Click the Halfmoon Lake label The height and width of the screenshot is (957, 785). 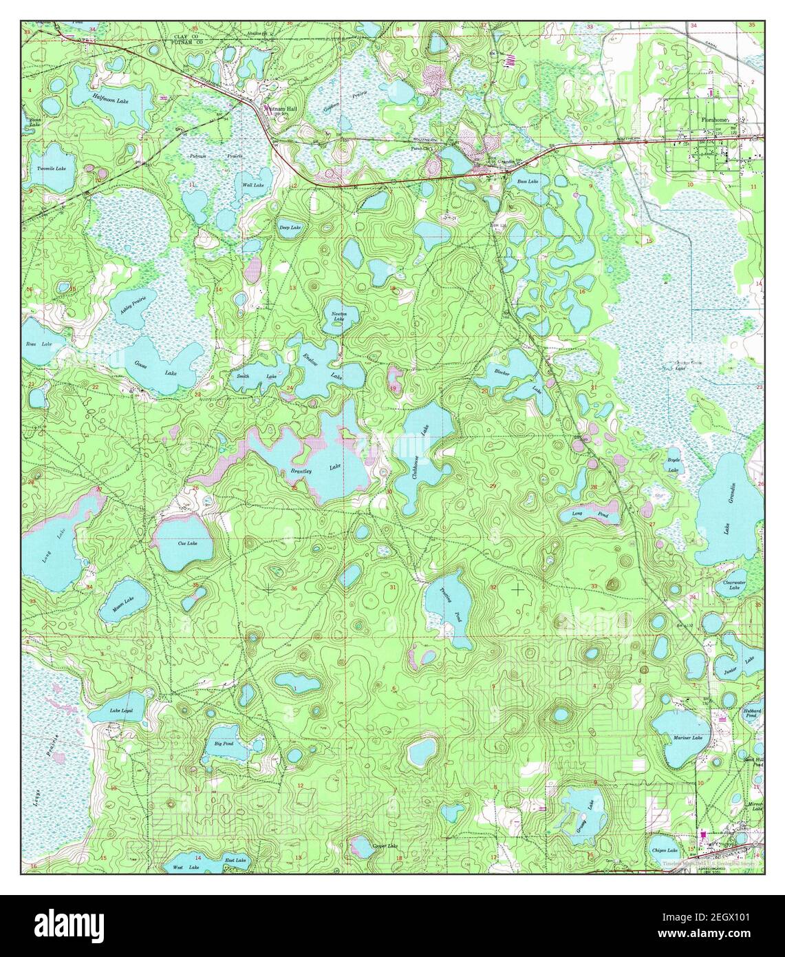point(111,99)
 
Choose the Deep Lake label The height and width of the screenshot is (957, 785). point(290,227)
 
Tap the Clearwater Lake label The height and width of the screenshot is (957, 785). point(734,584)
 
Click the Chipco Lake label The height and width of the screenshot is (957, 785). point(665,851)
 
